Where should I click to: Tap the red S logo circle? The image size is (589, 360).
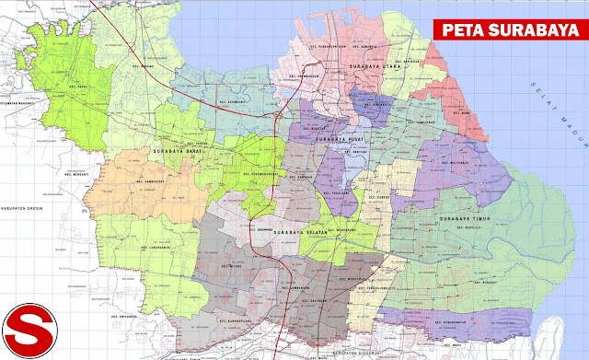(36, 323)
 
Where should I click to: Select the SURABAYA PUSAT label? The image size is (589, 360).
(337, 140)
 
